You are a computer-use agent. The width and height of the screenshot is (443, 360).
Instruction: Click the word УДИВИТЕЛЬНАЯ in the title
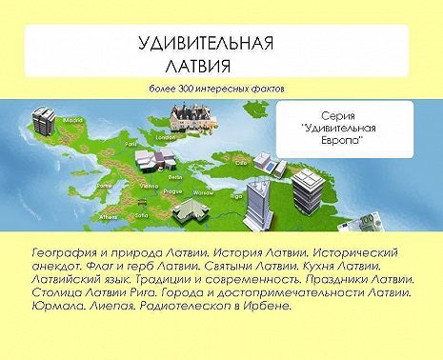(x=206, y=45)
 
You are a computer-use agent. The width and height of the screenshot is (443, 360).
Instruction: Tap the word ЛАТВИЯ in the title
(x=199, y=68)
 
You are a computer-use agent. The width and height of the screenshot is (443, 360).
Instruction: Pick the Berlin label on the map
(x=175, y=177)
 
